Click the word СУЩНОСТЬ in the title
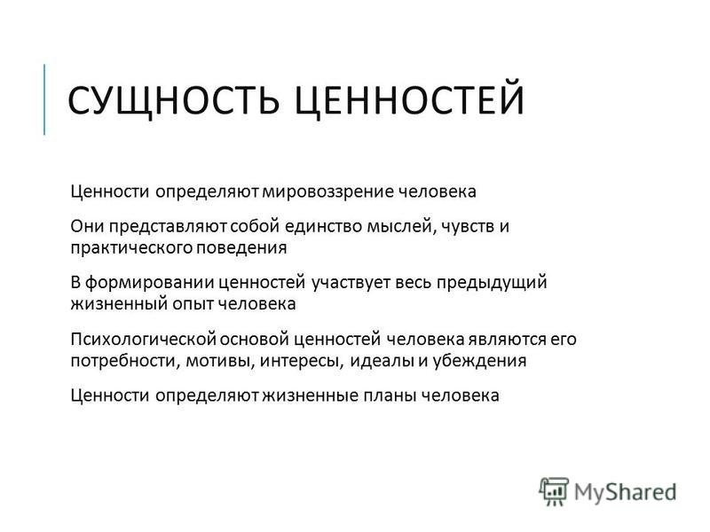[x=173, y=100]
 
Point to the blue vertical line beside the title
[x=44, y=99]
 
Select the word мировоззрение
[x=328, y=192]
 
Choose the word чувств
[x=469, y=226]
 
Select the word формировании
[x=149, y=283]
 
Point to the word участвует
[x=351, y=283]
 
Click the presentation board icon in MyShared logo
[x=554, y=491]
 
